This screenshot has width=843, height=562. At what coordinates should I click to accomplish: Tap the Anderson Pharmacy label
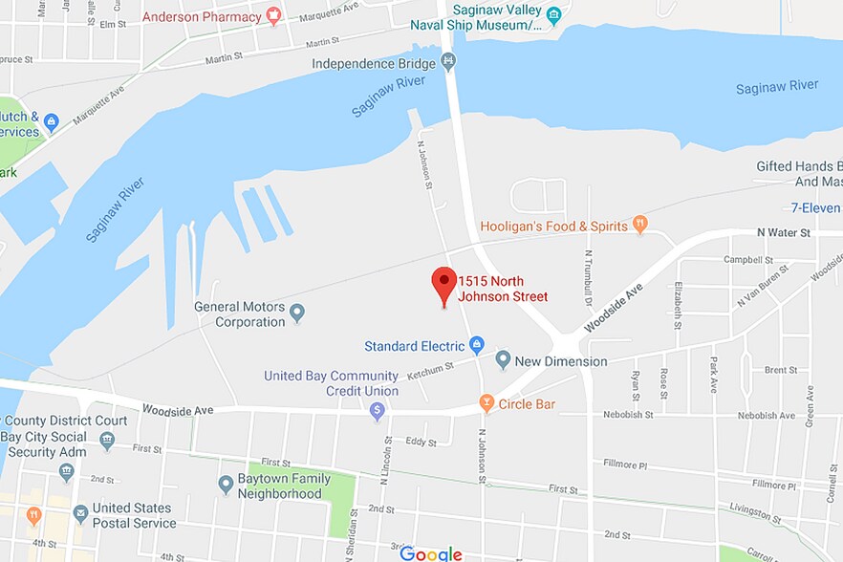point(202,16)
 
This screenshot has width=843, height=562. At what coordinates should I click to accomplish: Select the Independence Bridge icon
point(448,63)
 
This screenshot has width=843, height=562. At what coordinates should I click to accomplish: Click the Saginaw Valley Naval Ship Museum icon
point(552,13)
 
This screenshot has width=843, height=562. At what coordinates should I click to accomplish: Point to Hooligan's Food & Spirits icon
point(640,226)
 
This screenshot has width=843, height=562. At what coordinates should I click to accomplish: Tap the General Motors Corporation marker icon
point(297,312)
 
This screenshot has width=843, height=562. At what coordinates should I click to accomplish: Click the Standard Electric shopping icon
point(477,345)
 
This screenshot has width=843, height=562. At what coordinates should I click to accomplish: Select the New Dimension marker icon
point(503,360)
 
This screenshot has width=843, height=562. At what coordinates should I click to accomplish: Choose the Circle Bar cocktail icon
point(486,403)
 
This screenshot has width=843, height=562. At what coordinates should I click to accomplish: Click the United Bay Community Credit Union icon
point(377,410)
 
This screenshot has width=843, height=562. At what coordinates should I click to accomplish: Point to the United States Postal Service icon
point(80,514)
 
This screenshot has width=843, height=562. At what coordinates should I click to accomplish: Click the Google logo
point(430,553)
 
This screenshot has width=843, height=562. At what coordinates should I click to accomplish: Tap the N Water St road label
point(783,232)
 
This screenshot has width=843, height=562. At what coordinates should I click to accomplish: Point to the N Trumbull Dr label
point(589,278)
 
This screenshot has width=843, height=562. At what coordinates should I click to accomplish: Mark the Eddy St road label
point(421,441)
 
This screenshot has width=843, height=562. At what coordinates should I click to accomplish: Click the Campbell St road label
point(747,259)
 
